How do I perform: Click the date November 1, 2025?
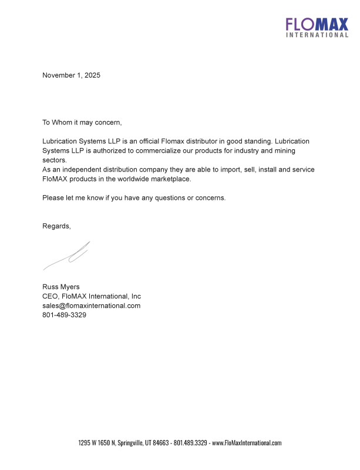click(x=71, y=75)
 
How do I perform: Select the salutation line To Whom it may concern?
click(x=82, y=122)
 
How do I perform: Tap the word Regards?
click(x=56, y=226)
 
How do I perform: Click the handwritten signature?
click(x=67, y=256)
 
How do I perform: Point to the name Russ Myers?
click(x=61, y=287)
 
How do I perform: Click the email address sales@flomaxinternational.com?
click(x=91, y=305)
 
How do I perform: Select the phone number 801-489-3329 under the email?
click(x=64, y=315)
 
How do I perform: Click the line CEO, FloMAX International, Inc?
click(x=91, y=296)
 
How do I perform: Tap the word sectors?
click(x=55, y=160)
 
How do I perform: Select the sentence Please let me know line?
click(x=133, y=197)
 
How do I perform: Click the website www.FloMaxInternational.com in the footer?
click(x=247, y=443)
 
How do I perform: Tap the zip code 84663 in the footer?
click(x=160, y=443)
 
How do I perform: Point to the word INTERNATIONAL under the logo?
click(x=317, y=35)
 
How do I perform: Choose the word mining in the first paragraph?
click(x=296, y=150)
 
